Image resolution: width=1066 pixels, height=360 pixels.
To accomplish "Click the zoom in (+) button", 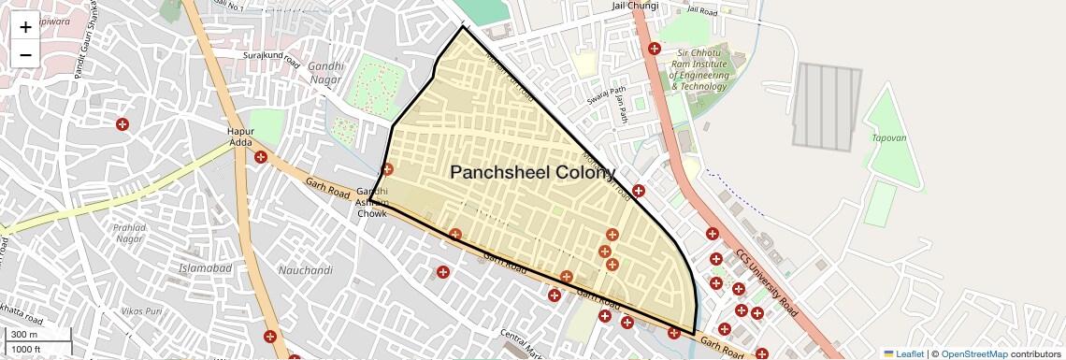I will tap(25, 27).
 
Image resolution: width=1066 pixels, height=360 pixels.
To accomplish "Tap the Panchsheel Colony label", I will tap(533, 172).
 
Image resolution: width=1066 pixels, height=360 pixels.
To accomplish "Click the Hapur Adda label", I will tap(241, 137).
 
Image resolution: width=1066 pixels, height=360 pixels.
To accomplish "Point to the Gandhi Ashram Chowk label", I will tap(372, 202).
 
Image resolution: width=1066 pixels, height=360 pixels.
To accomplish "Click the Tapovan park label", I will tap(888, 137).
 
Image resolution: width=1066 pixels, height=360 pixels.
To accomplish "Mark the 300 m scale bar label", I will tap(25, 335).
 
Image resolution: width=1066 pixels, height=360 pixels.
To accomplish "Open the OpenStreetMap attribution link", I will tap(973, 353).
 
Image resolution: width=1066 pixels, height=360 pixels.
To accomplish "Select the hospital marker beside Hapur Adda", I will tap(261, 157).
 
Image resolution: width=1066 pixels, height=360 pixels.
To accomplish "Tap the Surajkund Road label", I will tap(270, 59).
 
